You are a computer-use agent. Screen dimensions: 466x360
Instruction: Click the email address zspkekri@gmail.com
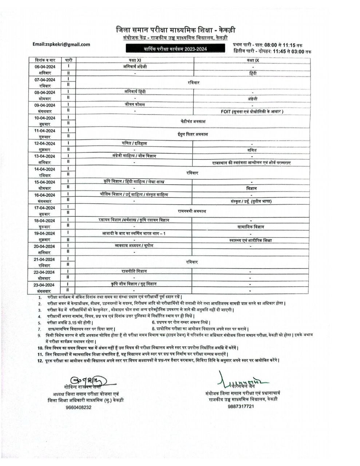[x=61, y=44]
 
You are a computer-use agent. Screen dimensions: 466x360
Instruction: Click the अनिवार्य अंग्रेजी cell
[x=135, y=67]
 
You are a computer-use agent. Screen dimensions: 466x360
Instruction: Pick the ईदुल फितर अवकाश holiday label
[x=193, y=134]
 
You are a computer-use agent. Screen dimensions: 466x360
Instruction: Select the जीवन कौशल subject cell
[x=134, y=104]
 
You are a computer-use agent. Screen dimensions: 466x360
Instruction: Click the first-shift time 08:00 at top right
[x=272, y=44]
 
